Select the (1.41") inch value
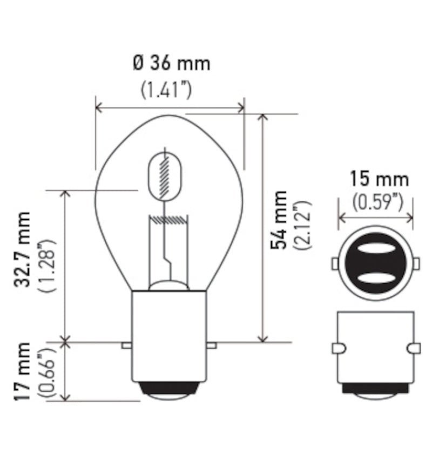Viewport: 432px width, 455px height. (x=166, y=90)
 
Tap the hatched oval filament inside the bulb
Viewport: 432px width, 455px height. (x=165, y=176)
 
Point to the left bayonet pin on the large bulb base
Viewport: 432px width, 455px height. (x=126, y=344)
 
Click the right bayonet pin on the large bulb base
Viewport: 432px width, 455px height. (x=212, y=344)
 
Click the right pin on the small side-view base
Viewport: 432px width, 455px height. (x=415, y=348)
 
